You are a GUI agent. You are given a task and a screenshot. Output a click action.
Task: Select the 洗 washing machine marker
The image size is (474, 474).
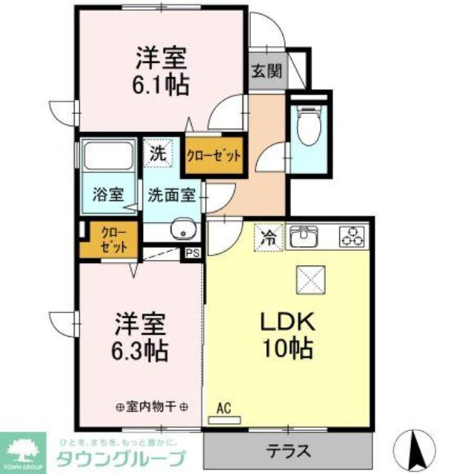pyautogui.click(x=157, y=154)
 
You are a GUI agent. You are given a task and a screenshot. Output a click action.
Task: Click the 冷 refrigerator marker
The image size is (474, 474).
pyautogui.click(x=269, y=238)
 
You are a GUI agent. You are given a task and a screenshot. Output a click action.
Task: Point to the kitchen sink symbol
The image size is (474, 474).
pyautogui.click(x=304, y=237)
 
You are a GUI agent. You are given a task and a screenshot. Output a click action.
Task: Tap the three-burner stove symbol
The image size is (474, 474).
pyautogui.click(x=353, y=237)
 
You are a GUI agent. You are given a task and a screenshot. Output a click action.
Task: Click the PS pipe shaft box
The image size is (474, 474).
pyautogui.click(x=193, y=253)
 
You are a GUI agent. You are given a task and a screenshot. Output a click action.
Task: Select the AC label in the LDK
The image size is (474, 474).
pyautogui.click(x=224, y=407)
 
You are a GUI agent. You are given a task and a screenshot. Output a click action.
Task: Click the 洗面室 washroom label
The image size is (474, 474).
pyautogui.click(x=172, y=196)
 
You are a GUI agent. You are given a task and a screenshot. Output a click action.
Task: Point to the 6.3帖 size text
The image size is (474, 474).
pyautogui.click(x=140, y=348)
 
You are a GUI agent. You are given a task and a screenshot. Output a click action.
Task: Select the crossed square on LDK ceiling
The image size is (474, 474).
pyautogui.click(x=309, y=279)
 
